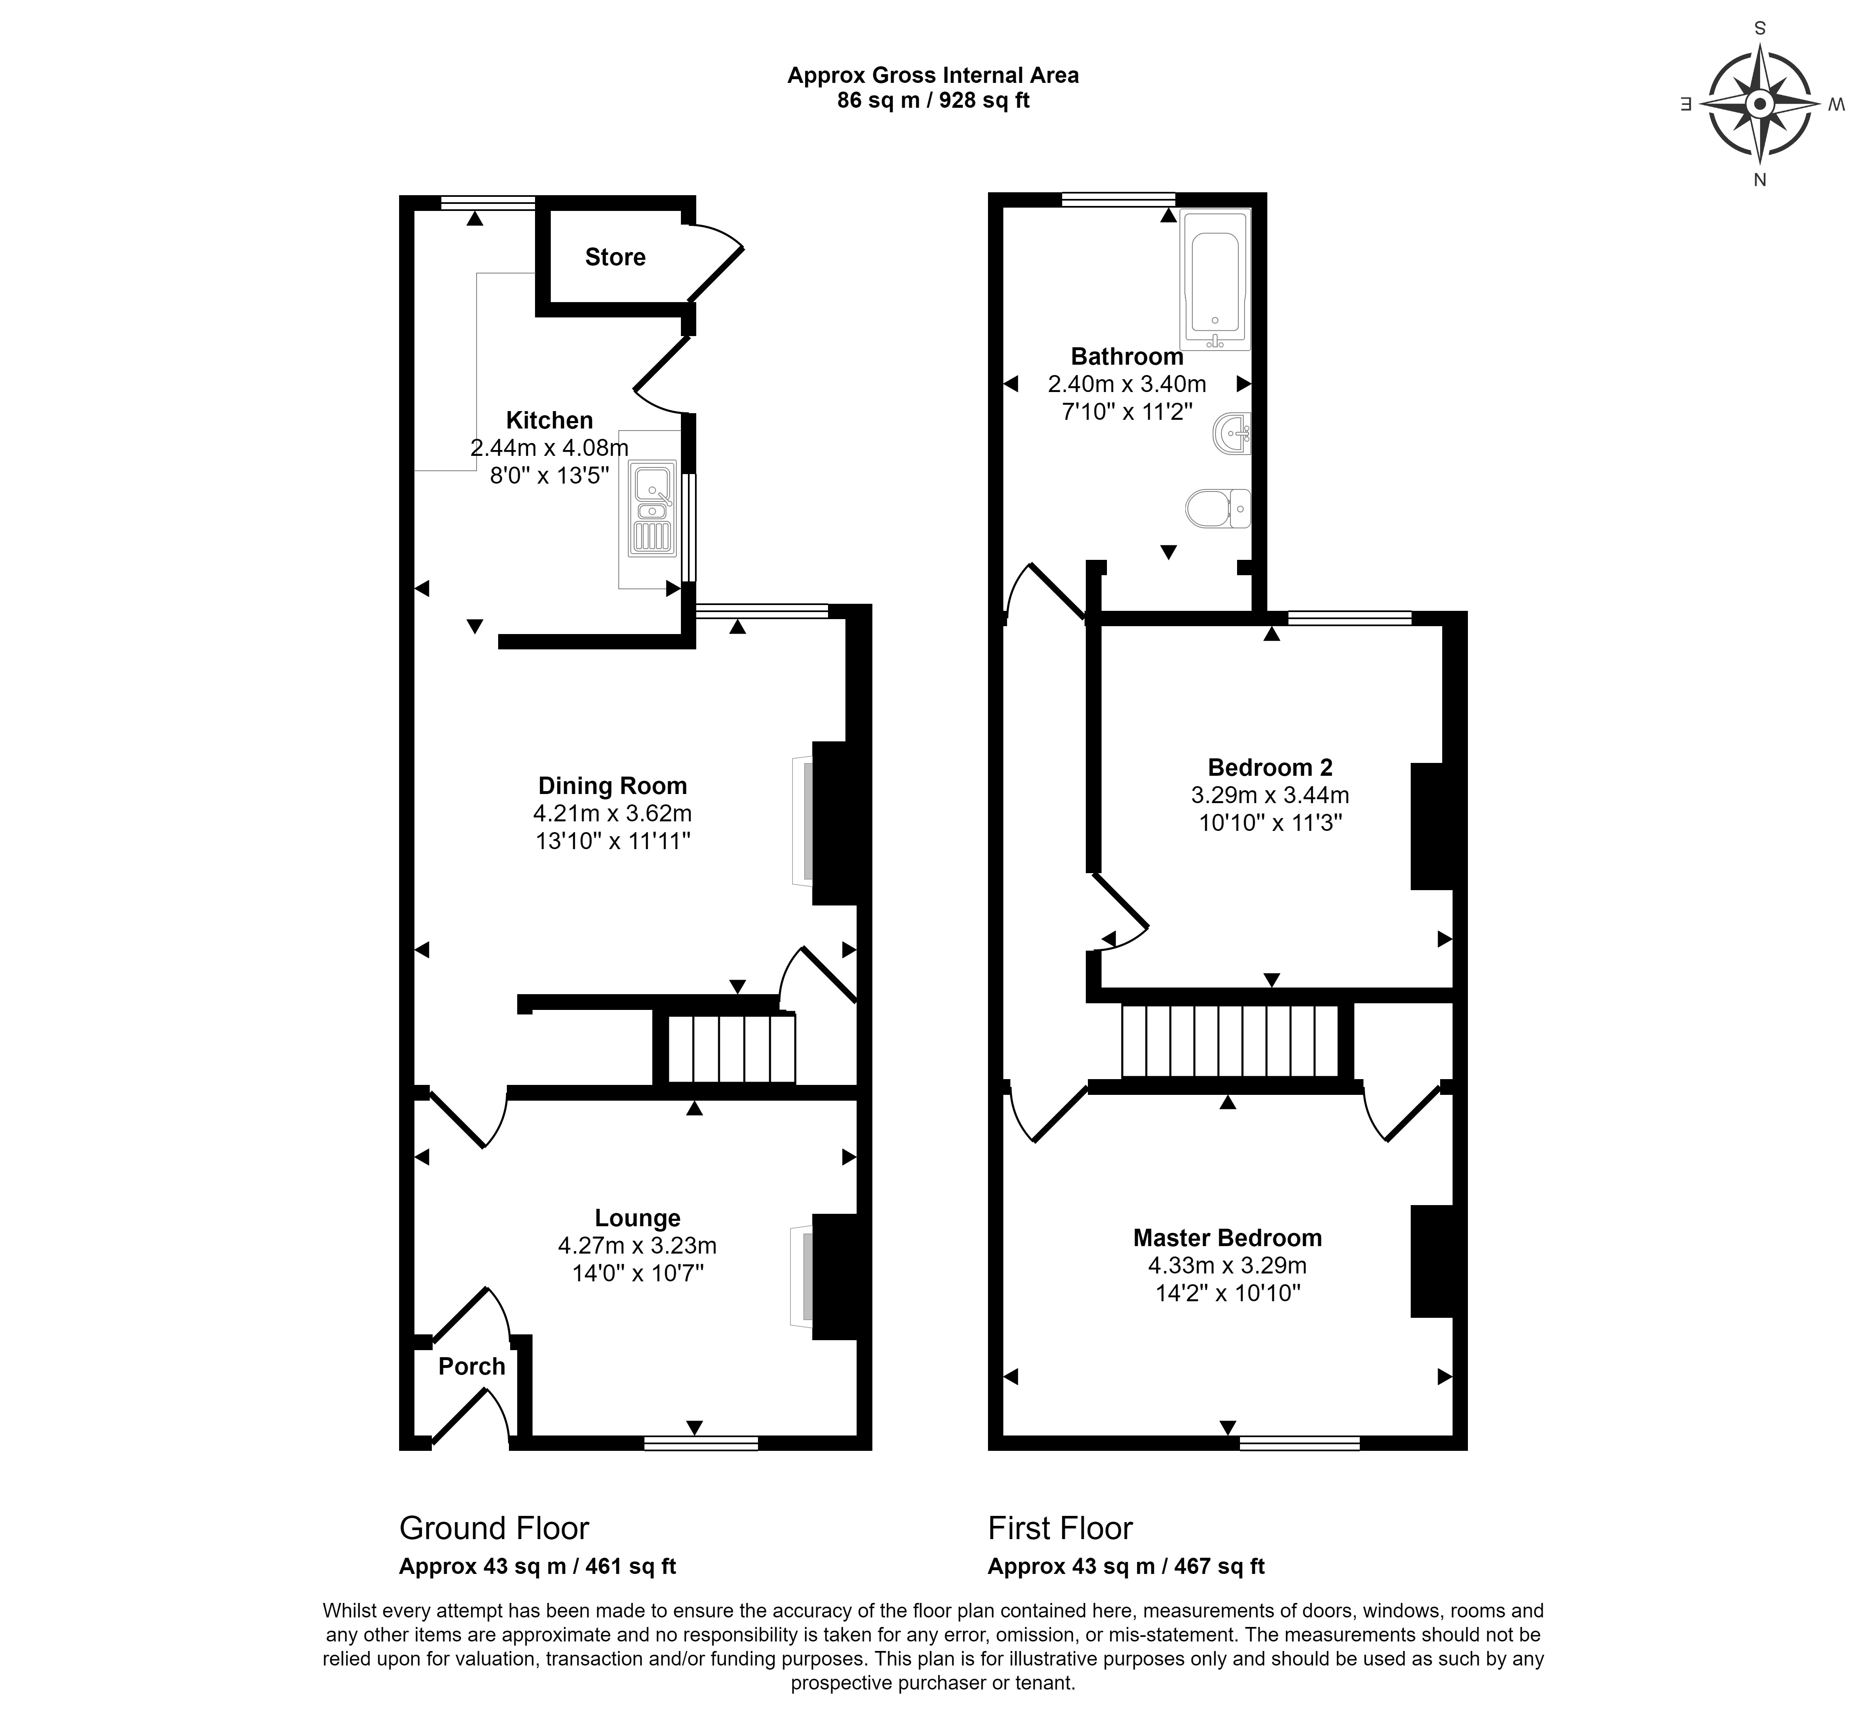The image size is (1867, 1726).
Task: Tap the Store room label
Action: [x=615, y=257]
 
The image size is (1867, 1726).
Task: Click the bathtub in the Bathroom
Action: [x=1214, y=279]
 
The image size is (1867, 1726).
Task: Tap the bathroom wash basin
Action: [x=1232, y=433]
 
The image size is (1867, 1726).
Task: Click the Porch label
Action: [x=472, y=1366]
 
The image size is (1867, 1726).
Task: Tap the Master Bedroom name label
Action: [x=1227, y=1237]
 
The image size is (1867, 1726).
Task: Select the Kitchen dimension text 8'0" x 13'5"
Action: [x=549, y=475]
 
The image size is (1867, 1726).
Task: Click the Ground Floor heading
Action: [x=494, y=1528]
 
